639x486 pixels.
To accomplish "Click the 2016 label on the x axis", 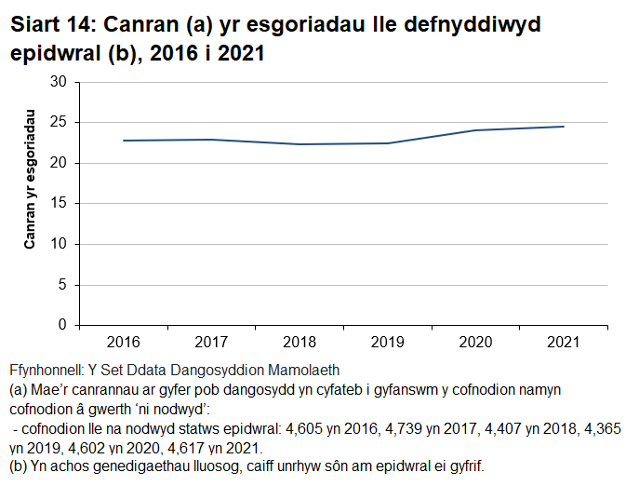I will coord(124,342).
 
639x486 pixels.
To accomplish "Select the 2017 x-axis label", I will coord(212,342).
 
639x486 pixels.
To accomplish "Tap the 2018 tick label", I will coord(300,342).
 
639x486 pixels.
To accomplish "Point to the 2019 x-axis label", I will coord(388,342).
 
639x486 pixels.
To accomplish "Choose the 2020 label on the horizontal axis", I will coord(475,342).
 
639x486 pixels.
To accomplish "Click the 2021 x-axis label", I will coord(564,342).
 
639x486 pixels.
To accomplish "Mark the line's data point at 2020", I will coord(475,130).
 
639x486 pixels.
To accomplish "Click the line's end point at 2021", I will coord(564,127).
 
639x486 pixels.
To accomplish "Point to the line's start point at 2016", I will coord(124,141).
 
